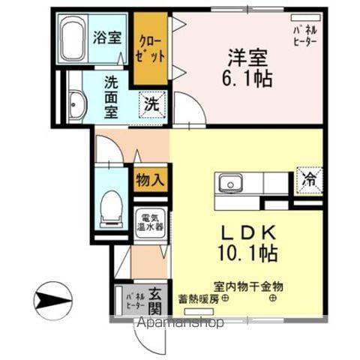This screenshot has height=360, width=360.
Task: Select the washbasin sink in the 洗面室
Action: click(77, 104)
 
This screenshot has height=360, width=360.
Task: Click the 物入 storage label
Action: click(150, 179)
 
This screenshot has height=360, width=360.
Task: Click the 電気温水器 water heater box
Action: click(150, 224)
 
